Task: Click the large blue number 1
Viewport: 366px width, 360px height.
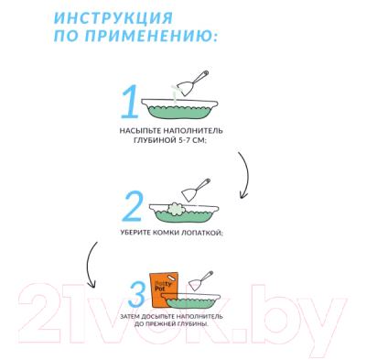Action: [131, 103]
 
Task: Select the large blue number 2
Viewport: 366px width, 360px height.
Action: [134, 209]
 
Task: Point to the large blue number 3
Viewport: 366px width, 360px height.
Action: [137, 293]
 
